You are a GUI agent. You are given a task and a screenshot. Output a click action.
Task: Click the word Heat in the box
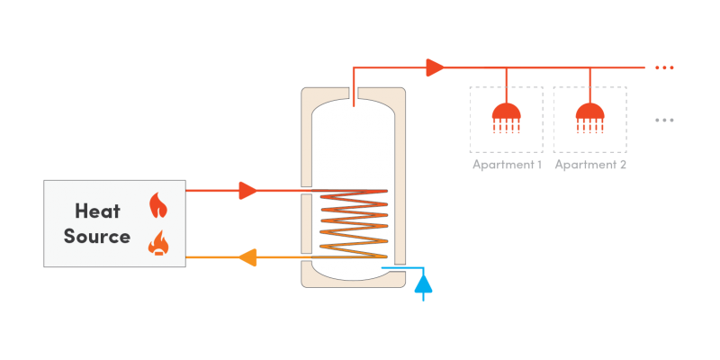[97, 211]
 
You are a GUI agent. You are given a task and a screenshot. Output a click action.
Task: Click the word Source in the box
[97, 238]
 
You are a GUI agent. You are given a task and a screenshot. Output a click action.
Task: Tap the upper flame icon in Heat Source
[158, 205]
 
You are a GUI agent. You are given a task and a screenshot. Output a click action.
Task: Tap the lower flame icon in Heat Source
[158, 242]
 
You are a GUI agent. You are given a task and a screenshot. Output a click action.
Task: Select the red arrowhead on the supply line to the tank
[248, 190]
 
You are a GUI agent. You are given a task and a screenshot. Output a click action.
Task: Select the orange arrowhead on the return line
[247, 258]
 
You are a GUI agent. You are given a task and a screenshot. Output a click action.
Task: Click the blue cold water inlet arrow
[423, 283]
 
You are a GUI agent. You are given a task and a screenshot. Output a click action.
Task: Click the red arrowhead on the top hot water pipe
[435, 67]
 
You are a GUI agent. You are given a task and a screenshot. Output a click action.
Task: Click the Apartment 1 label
[507, 165]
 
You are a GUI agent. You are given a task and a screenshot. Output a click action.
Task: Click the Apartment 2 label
[590, 165]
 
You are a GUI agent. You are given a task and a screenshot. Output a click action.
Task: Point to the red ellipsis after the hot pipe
[664, 67]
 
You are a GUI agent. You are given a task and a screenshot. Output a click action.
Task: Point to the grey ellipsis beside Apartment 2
[664, 120]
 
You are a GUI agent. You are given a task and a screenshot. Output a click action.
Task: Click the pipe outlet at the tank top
[353, 94]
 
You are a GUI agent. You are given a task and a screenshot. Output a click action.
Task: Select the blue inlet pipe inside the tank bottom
[394, 267]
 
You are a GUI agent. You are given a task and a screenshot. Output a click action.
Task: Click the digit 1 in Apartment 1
[538, 165]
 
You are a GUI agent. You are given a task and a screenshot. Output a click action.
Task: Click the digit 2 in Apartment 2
[623, 165]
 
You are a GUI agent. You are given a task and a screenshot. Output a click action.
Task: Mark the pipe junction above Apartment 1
[506, 67]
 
